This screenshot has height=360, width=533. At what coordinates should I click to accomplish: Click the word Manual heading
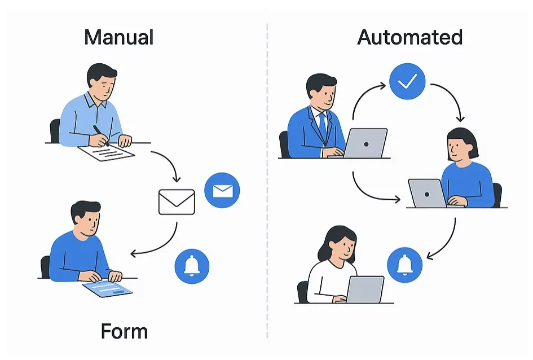click(118, 37)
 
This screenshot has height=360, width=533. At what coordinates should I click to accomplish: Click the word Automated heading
click(410, 37)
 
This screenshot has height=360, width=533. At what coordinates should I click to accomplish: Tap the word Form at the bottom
click(124, 331)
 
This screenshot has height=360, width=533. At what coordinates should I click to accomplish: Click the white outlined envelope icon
click(177, 201)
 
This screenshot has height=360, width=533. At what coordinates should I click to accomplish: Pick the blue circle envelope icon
click(222, 191)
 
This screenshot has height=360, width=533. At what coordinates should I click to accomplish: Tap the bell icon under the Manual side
click(192, 265)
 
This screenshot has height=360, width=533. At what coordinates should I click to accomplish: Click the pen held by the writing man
click(101, 135)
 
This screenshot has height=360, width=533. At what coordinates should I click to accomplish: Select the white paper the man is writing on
click(107, 152)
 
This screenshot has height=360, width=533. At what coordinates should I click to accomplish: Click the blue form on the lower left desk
click(107, 289)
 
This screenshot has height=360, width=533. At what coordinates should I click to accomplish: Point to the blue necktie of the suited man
click(323, 127)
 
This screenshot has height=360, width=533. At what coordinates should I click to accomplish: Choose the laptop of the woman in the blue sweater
click(427, 194)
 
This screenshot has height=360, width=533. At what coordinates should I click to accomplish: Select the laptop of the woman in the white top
click(364, 289)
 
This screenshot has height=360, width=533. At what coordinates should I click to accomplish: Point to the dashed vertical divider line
click(267, 181)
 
